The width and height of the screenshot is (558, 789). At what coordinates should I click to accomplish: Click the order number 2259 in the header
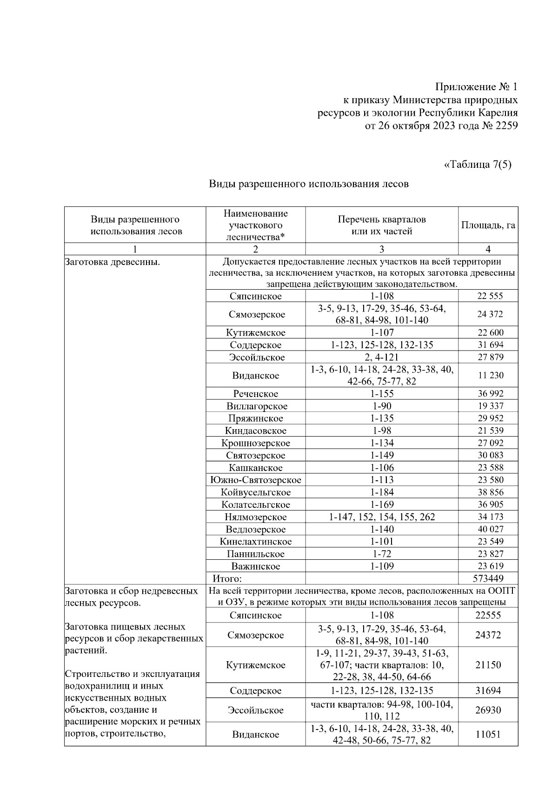(504, 126)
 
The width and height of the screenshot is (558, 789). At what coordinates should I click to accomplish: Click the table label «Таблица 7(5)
(478, 165)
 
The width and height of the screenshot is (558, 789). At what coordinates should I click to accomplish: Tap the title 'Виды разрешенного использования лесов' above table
(308, 184)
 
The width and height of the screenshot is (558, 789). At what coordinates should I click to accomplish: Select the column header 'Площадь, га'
(488, 225)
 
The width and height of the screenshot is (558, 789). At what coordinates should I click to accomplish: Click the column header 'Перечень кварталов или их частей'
(381, 225)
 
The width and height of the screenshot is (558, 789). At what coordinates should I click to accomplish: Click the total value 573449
(488, 578)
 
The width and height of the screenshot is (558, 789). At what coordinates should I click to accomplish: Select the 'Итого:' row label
(227, 579)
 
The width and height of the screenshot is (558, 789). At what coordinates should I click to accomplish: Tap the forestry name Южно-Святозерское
(255, 480)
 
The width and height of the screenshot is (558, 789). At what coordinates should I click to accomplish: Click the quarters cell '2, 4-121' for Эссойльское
(382, 357)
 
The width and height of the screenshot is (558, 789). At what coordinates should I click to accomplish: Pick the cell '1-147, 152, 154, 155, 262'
(382, 517)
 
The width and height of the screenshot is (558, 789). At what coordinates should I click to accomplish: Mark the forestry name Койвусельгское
(256, 492)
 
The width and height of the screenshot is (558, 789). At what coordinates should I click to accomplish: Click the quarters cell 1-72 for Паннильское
(382, 554)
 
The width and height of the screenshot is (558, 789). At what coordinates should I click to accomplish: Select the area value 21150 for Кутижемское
(488, 665)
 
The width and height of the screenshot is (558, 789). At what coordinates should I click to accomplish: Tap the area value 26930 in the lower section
(488, 710)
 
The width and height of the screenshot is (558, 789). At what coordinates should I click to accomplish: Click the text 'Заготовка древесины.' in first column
(112, 262)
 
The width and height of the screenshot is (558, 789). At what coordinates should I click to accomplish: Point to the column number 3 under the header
(382, 249)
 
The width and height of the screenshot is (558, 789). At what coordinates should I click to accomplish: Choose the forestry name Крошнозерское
(256, 443)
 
